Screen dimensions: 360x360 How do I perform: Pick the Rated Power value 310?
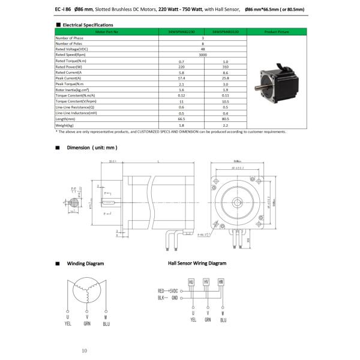[226, 67]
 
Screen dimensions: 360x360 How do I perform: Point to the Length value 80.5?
[226, 118]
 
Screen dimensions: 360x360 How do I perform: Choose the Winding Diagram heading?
[85, 263]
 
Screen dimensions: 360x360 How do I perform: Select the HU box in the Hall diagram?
[192, 281]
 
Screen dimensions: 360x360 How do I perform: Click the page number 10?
[85, 350]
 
